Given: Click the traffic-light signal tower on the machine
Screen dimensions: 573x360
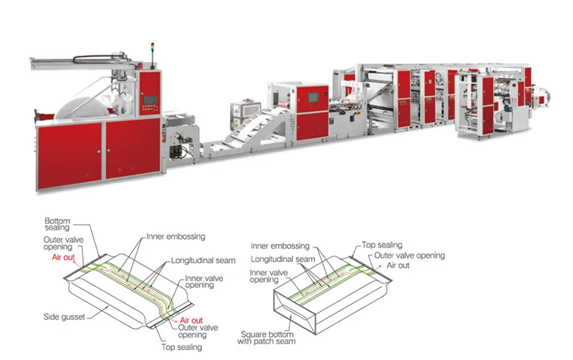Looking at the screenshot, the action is (x=153, y=56).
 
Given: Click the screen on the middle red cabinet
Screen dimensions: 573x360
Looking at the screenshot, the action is (x=313, y=97).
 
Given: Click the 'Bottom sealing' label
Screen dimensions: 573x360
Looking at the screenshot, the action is (x=57, y=224).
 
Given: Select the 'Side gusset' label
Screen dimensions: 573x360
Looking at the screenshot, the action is (x=64, y=317).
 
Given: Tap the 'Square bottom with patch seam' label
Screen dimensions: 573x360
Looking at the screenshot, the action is (x=266, y=338).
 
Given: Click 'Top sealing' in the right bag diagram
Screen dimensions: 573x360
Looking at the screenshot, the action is (x=382, y=245).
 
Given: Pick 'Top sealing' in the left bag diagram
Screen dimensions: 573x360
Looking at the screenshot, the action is (x=182, y=347).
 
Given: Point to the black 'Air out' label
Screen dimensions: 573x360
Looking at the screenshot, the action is (x=398, y=266).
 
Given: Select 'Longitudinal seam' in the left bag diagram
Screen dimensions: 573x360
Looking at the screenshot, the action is (x=203, y=261).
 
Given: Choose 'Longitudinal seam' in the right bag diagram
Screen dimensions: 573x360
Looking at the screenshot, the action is (x=283, y=259).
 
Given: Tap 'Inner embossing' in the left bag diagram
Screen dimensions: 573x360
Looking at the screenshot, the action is (x=175, y=237).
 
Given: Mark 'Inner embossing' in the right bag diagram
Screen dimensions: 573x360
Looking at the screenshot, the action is (x=280, y=245).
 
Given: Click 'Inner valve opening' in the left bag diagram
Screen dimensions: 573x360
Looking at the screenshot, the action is (x=203, y=281).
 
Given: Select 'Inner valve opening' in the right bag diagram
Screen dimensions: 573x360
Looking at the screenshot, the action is (x=269, y=276).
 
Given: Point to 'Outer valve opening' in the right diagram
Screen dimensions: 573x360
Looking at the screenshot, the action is (x=409, y=256).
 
